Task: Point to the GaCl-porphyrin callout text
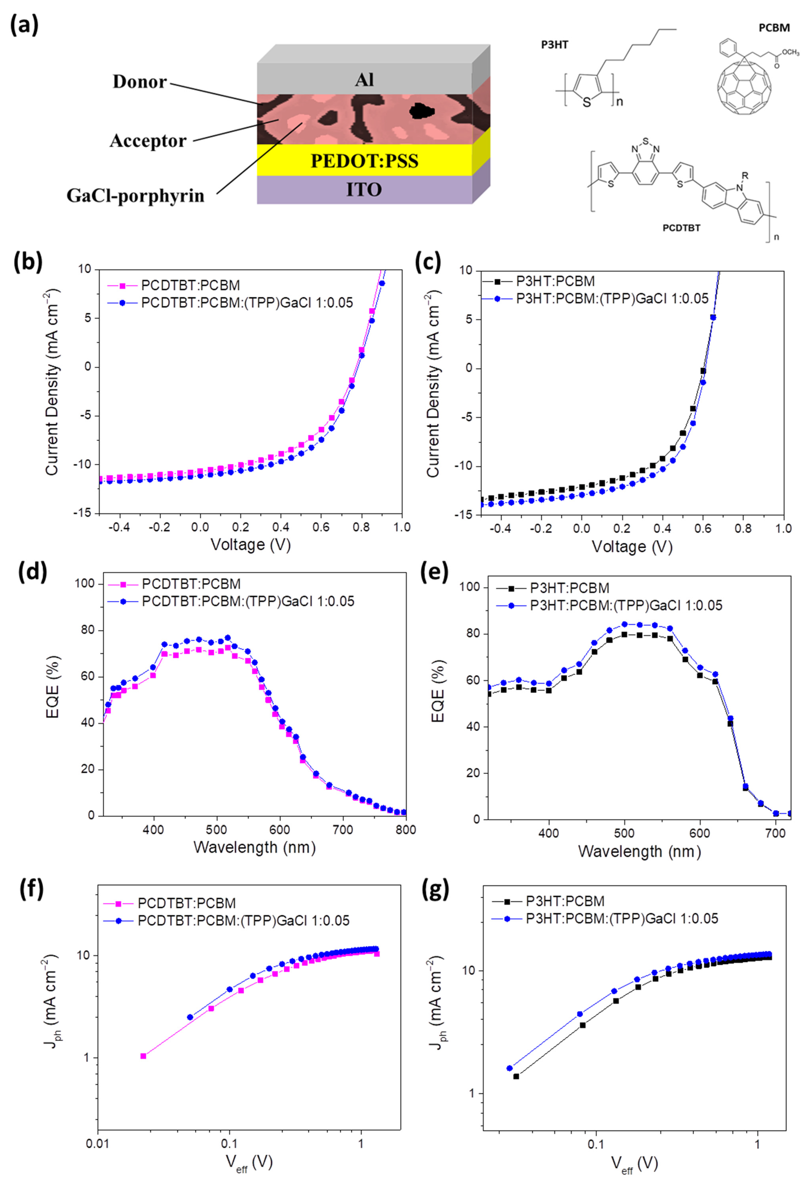tap(135, 195)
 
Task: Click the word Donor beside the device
tap(140, 82)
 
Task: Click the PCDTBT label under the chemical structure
tap(681, 228)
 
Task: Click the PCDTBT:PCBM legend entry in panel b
tap(190, 285)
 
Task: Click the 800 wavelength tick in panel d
tap(405, 830)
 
